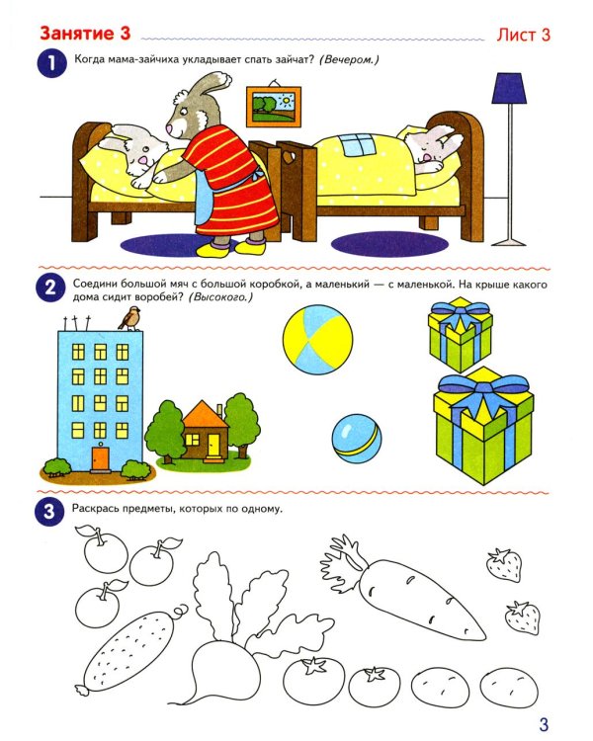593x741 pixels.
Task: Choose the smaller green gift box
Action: (461, 334)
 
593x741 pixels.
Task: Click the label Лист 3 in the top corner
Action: (521, 35)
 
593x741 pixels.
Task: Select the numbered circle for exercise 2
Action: (48, 289)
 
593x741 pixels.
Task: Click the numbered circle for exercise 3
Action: (48, 512)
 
